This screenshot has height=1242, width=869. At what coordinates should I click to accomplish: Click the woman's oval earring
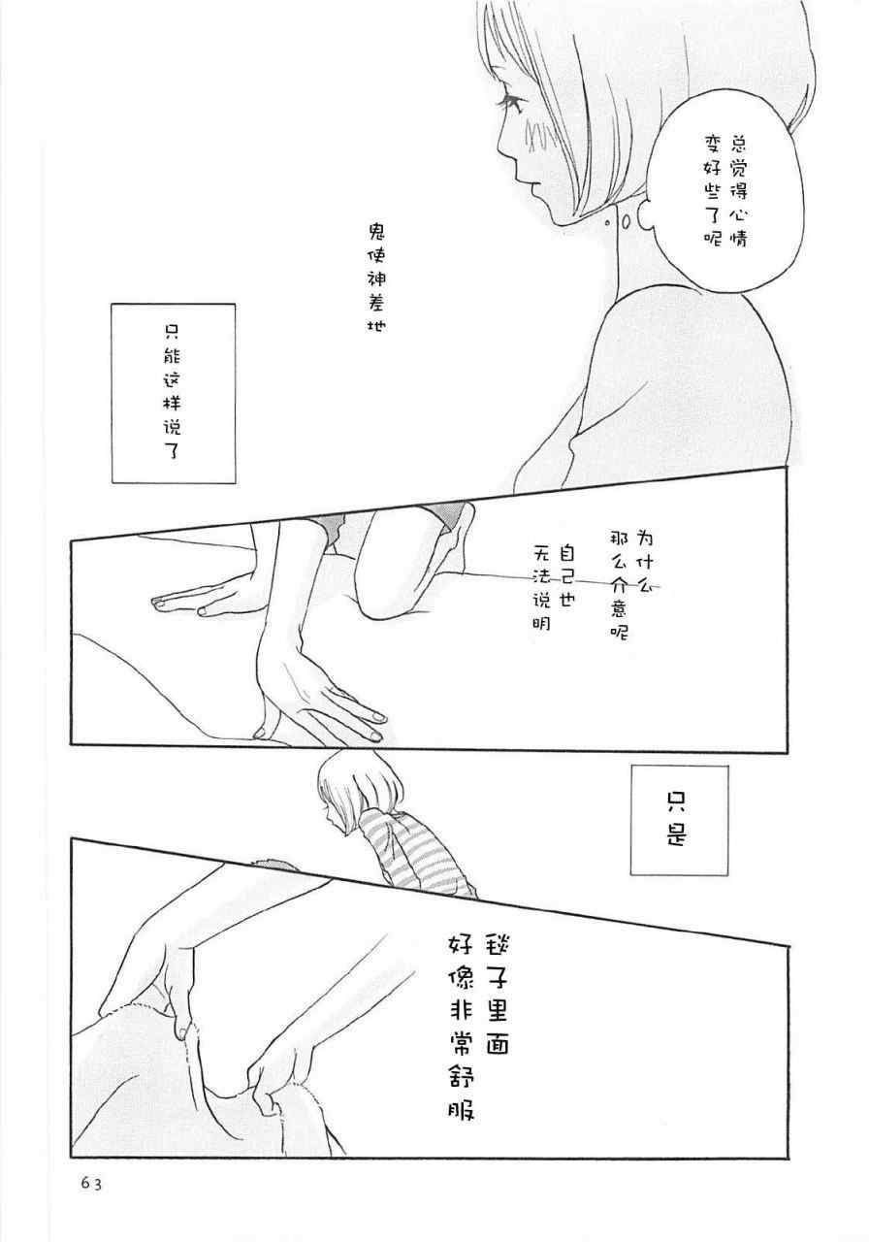(626, 223)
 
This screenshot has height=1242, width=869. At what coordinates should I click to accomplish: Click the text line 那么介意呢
(619, 586)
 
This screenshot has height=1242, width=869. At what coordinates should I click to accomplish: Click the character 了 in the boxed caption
(173, 447)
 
